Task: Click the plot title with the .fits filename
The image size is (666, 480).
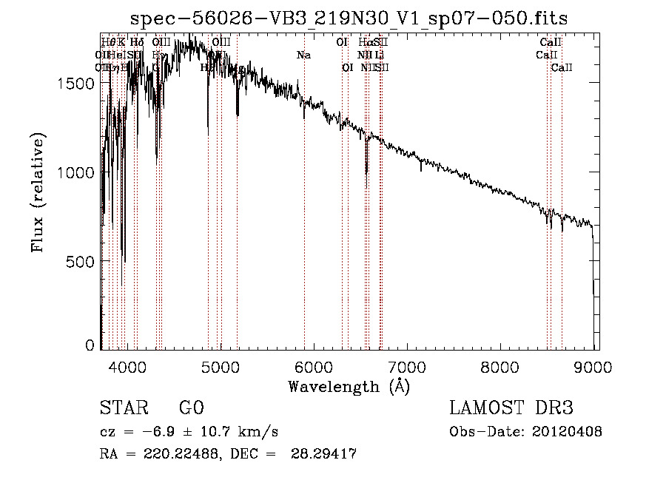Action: pos(349,19)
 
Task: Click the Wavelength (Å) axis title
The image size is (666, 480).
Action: pos(349,386)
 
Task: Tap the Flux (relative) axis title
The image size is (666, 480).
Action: pos(37,192)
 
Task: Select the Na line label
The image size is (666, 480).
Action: pos(303,55)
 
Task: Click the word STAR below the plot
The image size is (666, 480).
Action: pos(118,408)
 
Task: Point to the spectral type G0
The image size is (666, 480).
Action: pos(191,408)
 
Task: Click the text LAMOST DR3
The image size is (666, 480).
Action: pos(511,408)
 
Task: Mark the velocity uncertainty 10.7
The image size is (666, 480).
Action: pos(204,431)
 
